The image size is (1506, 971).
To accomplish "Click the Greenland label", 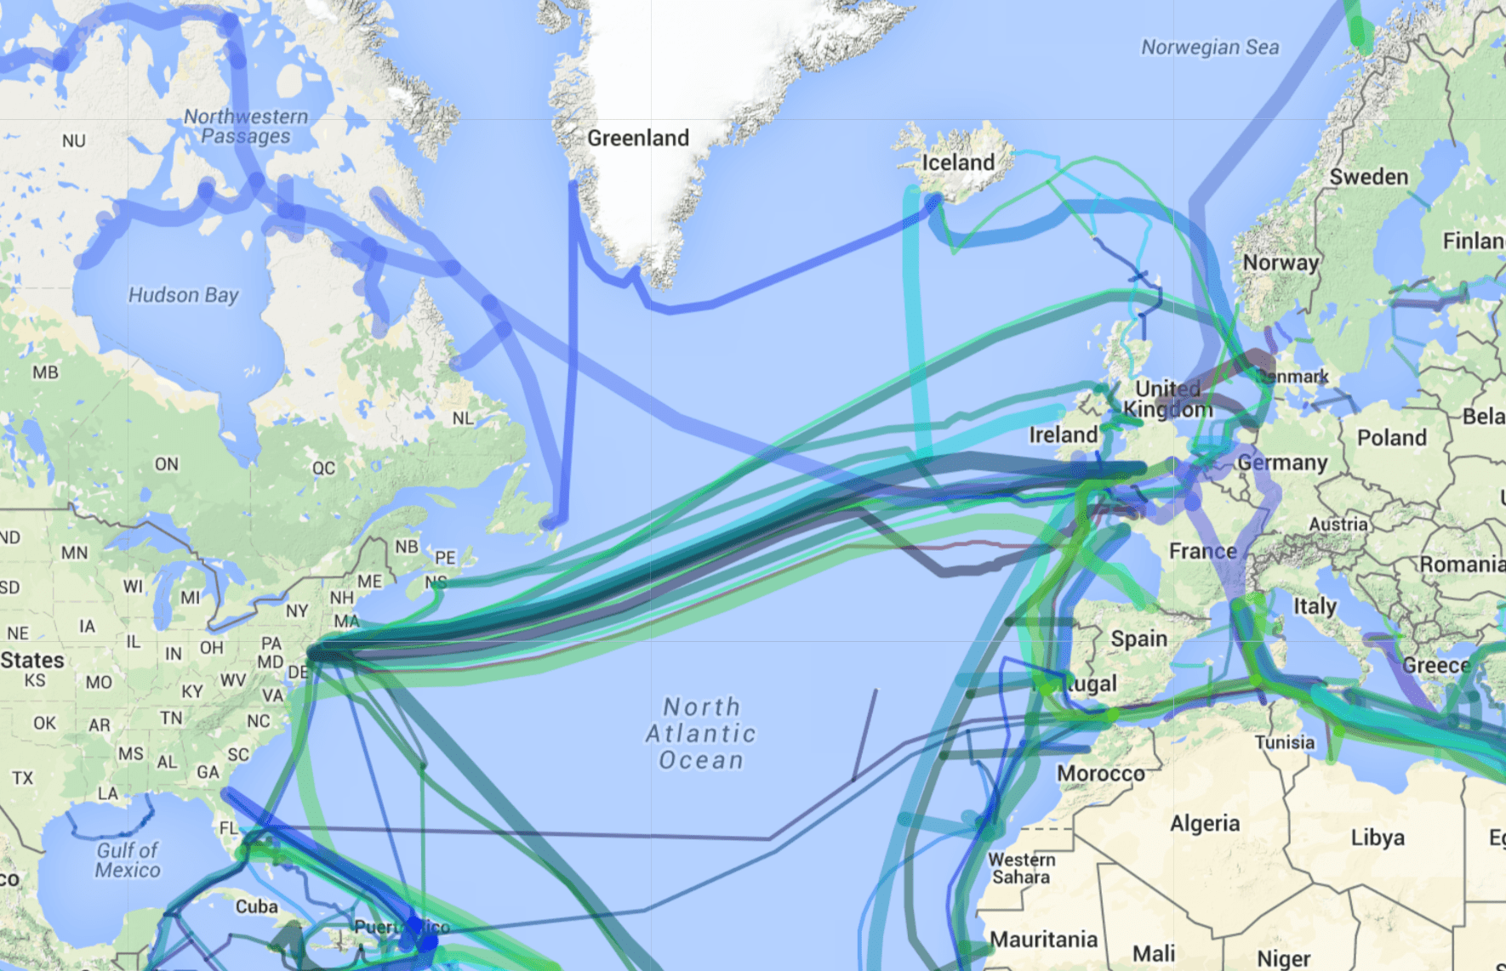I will point(638,138).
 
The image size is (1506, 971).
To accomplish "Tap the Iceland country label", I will point(958,162).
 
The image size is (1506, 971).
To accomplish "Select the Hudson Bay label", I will point(183,295).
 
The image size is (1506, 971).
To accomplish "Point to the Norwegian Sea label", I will point(1210,48).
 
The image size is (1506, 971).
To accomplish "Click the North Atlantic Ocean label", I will point(701,733).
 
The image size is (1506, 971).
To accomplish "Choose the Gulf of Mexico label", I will point(128,860).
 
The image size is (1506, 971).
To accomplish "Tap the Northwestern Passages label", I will point(246,127).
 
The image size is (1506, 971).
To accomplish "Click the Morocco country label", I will point(1101,774).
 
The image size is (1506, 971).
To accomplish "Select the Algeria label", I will point(1205,823).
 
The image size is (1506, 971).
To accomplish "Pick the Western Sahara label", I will point(1022,868).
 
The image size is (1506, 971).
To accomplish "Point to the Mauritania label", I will point(1044,940).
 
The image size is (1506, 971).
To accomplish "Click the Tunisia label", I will point(1285,742).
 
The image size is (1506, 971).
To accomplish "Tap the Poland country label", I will point(1391,438).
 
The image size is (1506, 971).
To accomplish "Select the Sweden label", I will point(1369,177).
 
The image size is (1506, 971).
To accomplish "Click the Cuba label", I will point(256,906).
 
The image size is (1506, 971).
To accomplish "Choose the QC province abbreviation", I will point(323,468).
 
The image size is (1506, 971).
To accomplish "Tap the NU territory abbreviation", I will point(74,141).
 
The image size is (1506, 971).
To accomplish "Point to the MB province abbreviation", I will point(45,372).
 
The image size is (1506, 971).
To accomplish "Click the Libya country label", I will point(1378,838).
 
